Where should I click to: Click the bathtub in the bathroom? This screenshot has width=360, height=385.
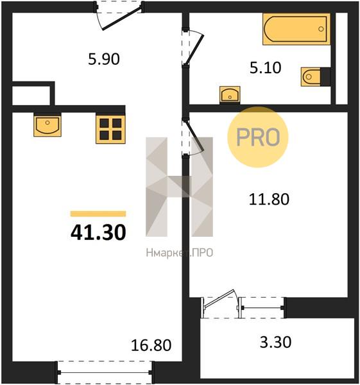tap(296, 29)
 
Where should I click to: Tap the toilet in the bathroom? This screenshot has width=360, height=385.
tap(311, 77)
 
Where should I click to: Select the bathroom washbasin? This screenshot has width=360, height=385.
tap(230, 94)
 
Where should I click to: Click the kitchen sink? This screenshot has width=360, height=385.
tap(47, 125)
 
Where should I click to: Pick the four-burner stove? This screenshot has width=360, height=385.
tap(110, 129)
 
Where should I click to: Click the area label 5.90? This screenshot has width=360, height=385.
tap(104, 59)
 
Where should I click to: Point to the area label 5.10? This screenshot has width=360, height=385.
tap(266, 68)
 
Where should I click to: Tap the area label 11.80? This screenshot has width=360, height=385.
tap(269, 199)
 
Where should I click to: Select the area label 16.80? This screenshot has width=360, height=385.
tap(151, 345)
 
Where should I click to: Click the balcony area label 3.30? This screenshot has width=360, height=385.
tap(275, 342)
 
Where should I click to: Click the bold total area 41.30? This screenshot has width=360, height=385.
tap(98, 232)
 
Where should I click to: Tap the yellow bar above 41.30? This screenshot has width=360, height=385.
tap(98, 214)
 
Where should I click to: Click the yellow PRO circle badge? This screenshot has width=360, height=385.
tap(258, 137)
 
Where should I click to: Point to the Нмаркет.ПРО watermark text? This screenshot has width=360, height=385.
tap(180, 253)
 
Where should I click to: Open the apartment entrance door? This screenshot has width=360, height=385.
tap(119, 15)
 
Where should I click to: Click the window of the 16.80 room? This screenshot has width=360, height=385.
tap(105, 372)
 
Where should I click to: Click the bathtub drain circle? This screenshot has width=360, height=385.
tap(321, 29)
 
